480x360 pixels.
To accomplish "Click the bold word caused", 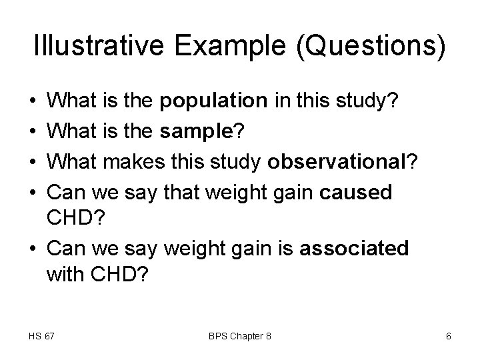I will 356,193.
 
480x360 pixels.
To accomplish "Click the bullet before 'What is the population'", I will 33,102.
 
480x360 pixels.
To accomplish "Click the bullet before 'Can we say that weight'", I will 33,193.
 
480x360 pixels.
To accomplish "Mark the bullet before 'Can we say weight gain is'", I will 33,249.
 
